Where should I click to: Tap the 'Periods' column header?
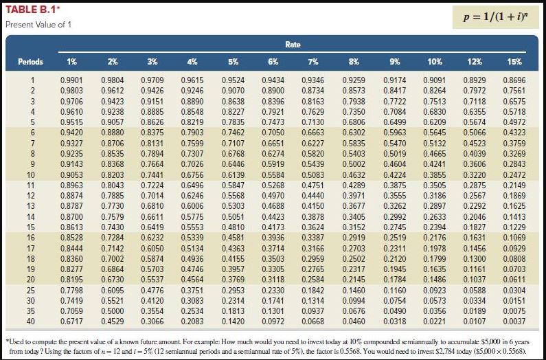click(30, 61)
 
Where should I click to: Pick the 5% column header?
click(232, 61)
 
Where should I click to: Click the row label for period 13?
click(31, 205)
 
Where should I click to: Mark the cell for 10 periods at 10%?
click(433, 175)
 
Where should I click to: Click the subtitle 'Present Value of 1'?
click(38, 25)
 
